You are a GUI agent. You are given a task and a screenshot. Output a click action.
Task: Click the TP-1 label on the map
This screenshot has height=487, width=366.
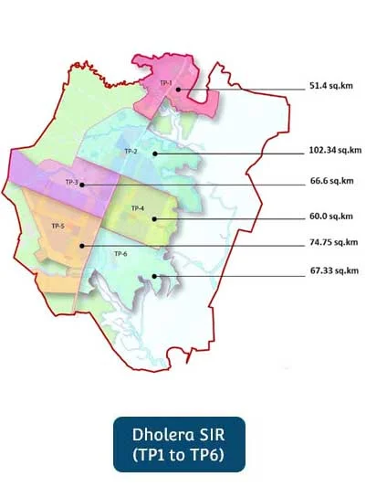[165, 83]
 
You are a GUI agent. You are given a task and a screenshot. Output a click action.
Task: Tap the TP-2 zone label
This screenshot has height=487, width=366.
[131, 150]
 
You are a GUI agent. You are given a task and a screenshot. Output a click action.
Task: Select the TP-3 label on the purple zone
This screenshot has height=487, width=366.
[71, 182]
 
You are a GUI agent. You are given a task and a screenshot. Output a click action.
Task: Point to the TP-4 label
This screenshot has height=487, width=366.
[138, 208]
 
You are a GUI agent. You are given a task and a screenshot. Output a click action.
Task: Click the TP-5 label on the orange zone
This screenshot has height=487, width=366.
[58, 226]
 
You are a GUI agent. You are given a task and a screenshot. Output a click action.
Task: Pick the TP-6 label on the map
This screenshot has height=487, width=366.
[120, 253]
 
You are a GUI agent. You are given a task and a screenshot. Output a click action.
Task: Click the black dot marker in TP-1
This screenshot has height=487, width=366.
[180, 90]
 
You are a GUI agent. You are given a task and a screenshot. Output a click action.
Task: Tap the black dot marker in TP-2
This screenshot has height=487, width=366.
[155, 153]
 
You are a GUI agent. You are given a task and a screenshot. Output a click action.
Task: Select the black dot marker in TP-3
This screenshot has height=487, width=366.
[82, 185]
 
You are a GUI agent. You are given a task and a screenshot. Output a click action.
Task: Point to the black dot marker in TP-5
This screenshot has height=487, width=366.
[81, 245]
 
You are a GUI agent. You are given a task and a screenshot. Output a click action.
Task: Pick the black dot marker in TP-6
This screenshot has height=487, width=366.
[154, 275]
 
